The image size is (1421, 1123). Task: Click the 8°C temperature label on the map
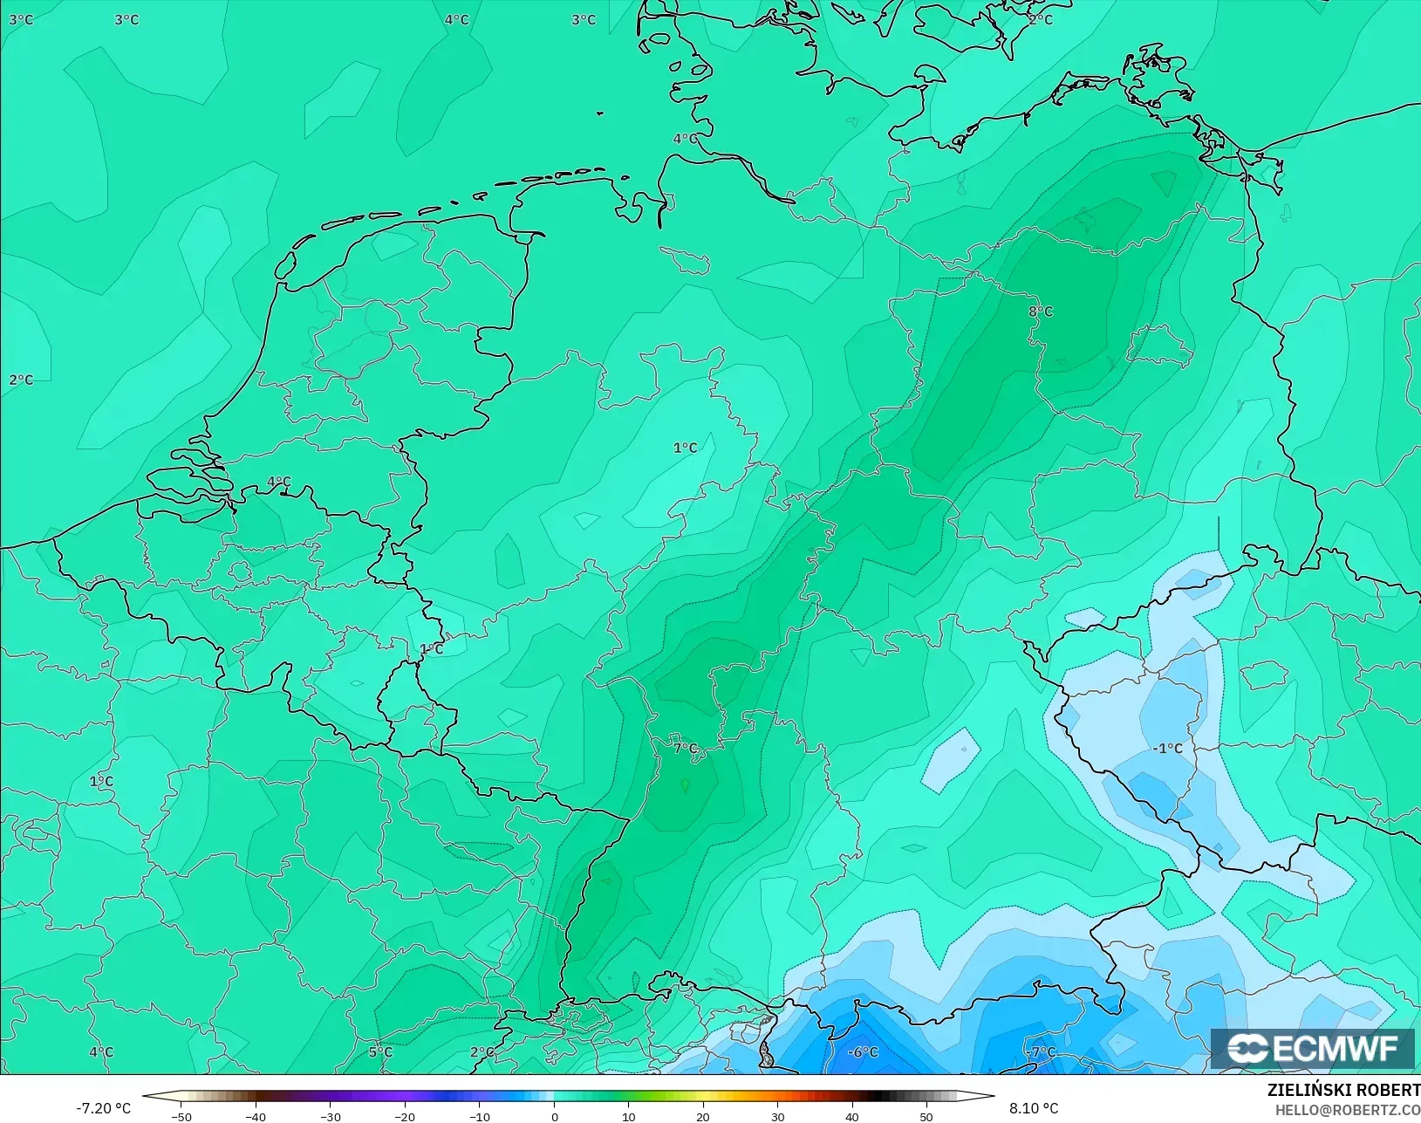coord(1041,312)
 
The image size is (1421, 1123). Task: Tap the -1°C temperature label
coord(1167,749)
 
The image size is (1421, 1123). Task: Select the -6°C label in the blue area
coord(863,1052)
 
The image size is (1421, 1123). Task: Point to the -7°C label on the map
coord(1041,1052)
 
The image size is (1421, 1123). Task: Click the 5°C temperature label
coord(380,1052)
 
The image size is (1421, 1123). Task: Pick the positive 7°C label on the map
coord(686,749)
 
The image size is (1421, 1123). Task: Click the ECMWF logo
coord(1313,1048)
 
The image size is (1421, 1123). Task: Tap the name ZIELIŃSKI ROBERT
coord(1343,1091)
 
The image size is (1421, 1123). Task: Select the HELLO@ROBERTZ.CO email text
coord(1348,1110)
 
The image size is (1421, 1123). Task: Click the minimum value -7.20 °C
coord(103,1108)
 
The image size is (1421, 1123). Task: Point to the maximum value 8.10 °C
coord(1034,1108)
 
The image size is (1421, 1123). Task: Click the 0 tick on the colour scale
coord(555,1116)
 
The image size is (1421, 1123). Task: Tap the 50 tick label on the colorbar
coord(926,1116)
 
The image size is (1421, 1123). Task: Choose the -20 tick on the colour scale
coord(404,1116)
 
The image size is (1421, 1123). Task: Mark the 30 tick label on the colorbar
coord(778,1116)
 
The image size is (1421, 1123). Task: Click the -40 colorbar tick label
coord(255,1116)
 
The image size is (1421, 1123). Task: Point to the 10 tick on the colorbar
coord(629,1116)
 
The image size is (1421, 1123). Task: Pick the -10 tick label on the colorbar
coord(479,1116)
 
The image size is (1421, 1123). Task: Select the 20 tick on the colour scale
coord(703,1116)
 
